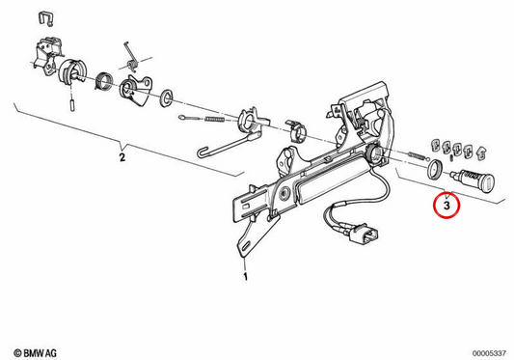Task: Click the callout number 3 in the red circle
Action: click(x=446, y=206)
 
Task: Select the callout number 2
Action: click(x=122, y=157)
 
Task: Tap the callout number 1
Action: click(x=245, y=276)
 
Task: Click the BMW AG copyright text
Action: click(x=35, y=353)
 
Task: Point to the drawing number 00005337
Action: click(x=489, y=353)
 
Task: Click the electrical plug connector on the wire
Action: click(x=364, y=235)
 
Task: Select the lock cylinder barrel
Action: click(x=473, y=179)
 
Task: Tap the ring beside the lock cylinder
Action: click(x=435, y=169)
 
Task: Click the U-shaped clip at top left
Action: click(x=46, y=18)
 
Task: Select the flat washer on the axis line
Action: click(x=167, y=97)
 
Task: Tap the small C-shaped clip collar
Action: click(x=297, y=131)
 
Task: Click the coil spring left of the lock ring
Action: click(x=417, y=154)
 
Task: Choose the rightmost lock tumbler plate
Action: click(x=481, y=153)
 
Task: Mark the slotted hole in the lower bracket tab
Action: click(x=245, y=246)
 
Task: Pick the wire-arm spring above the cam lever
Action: click(x=132, y=58)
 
